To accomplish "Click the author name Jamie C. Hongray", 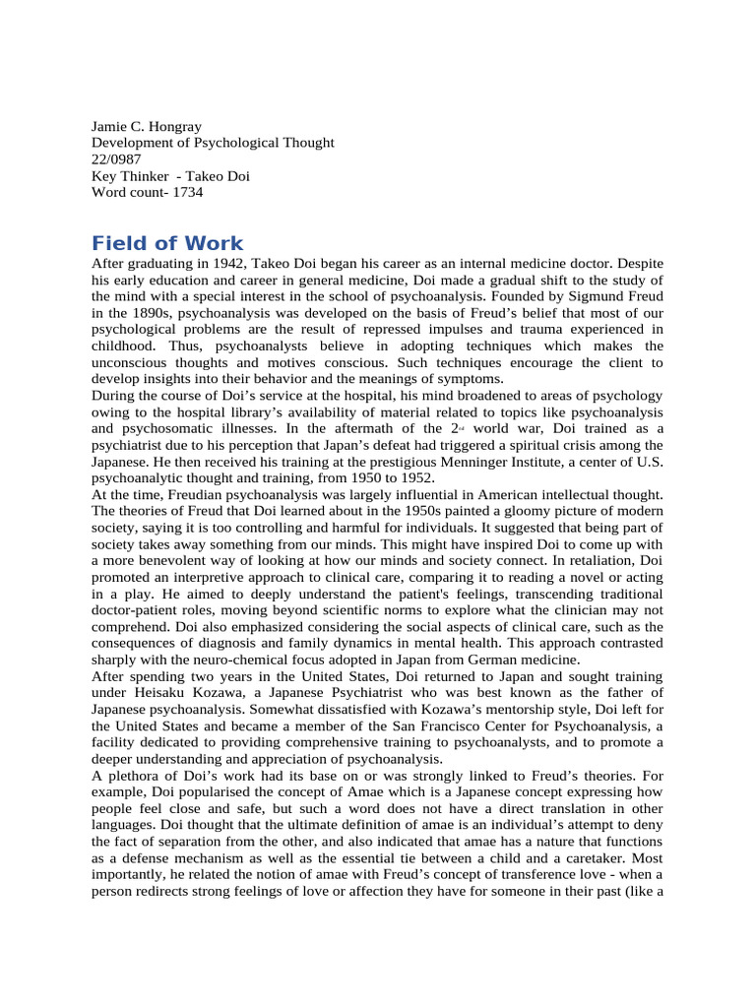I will coord(146,127).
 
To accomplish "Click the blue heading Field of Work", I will coord(166,243).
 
